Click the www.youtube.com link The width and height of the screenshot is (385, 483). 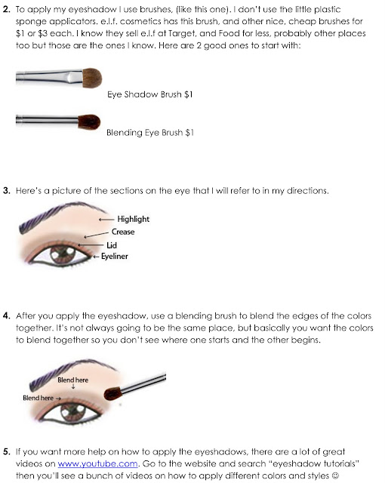click(97, 463)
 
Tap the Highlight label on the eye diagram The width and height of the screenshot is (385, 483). click(133, 219)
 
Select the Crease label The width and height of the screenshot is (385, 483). click(123, 232)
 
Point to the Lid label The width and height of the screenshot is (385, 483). click(112, 245)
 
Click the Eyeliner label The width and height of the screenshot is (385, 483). click(114, 257)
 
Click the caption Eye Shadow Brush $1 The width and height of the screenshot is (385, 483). click(150, 94)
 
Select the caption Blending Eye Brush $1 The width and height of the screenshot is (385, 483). click(150, 133)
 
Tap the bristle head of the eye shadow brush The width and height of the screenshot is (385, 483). click(92, 78)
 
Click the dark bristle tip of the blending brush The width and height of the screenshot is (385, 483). click(89, 122)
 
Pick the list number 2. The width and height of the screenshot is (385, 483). click(7, 9)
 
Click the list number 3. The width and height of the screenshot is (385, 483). click(7, 191)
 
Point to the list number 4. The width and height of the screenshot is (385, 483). click(7, 315)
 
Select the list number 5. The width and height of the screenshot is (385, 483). click(7, 451)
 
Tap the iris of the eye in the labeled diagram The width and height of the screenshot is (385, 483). click(63, 254)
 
